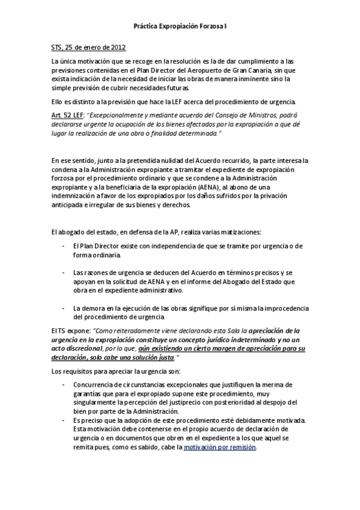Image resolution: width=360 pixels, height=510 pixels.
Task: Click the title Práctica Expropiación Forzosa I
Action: coord(180,27)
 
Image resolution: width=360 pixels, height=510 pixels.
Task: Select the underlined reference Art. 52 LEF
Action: coord(68,114)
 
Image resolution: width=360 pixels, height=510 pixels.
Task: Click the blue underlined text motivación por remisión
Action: coord(220,447)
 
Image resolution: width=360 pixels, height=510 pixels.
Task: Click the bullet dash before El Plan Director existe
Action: coord(64,246)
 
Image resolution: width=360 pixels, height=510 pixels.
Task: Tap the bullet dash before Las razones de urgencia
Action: coord(64,272)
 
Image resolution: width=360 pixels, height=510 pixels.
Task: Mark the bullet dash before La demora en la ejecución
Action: coord(64,308)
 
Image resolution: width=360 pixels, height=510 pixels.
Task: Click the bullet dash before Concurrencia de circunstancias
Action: coord(64,384)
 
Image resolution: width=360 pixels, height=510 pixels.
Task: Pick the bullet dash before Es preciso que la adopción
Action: coord(64,420)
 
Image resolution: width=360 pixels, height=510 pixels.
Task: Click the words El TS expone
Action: coord(71,330)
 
